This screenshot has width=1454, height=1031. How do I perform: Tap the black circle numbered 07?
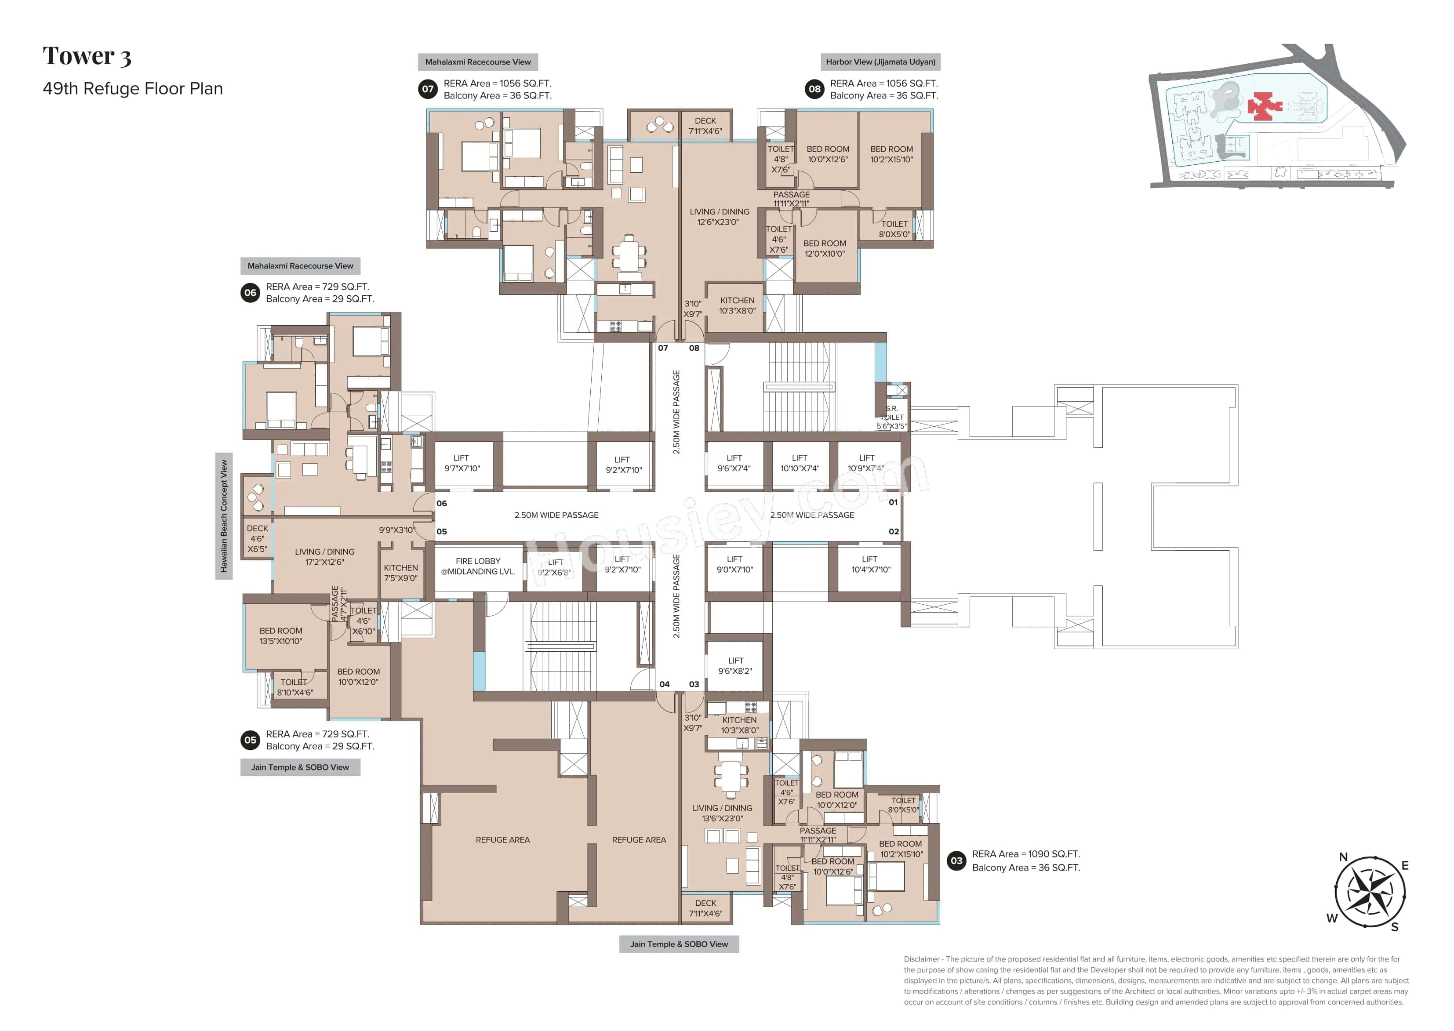pyautogui.click(x=428, y=89)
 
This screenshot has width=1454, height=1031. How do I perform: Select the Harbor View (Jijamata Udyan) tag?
pyautogui.click(x=880, y=62)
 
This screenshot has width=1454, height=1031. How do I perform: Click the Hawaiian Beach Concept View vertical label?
pyautogui.click(x=223, y=515)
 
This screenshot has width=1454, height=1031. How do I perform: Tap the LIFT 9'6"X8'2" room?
pyautogui.click(x=735, y=665)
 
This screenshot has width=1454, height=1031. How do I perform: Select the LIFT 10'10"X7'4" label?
pyautogui.click(x=800, y=463)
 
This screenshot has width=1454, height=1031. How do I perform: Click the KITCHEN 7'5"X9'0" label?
pyautogui.click(x=401, y=573)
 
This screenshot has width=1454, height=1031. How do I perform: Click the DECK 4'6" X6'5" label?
pyautogui.click(x=257, y=538)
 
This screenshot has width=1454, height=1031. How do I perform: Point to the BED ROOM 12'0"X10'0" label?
pyautogui.click(x=824, y=248)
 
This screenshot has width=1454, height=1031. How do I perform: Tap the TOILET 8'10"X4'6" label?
pyautogui.click(x=294, y=687)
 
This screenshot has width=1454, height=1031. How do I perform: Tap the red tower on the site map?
pyautogui.click(x=1264, y=106)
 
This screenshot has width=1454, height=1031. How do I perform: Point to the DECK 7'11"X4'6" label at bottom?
pyautogui.click(x=705, y=908)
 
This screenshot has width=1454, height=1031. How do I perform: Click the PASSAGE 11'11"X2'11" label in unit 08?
pyautogui.click(x=791, y=199)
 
